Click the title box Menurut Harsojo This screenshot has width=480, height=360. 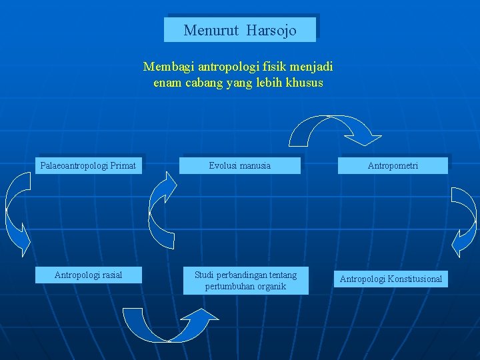[240, 30]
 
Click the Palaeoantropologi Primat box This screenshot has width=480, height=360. [88, 165]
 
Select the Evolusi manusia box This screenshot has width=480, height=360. [239, 165]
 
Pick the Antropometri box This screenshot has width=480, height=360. [393, 165]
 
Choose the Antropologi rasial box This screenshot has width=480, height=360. [88, 275]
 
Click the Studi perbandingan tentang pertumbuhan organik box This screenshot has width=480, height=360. [245, 280]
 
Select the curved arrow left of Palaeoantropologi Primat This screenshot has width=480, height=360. [17, 213]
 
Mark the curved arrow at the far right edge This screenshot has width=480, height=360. [464, 220]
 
